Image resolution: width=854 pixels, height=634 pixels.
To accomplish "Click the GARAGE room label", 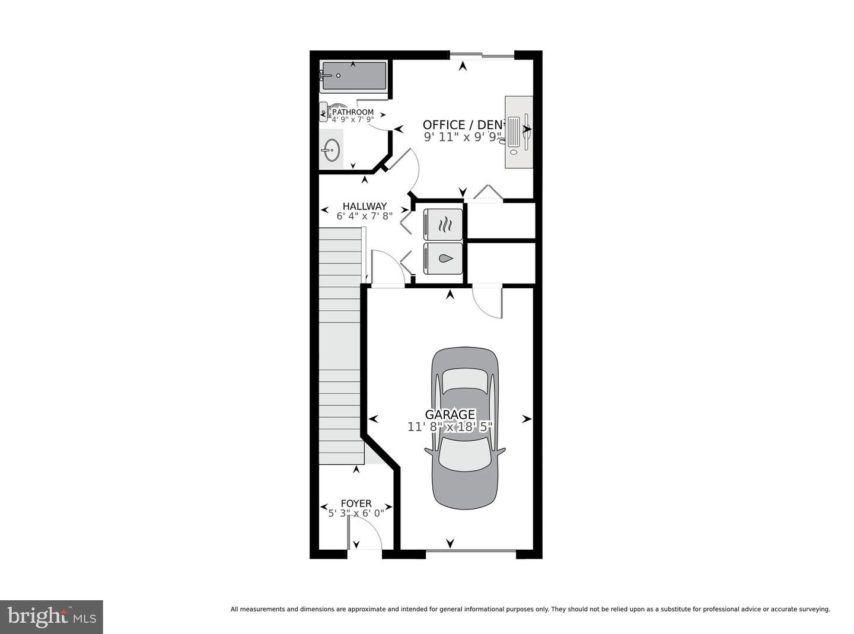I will pos(450,415).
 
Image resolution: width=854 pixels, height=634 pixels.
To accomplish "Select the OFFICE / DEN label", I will pos(462,125).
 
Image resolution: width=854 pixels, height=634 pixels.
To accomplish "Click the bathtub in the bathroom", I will pos(354,77).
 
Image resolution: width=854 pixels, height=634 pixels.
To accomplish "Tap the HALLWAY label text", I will pos(364,206).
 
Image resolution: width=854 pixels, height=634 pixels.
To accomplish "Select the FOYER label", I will pos(356,504).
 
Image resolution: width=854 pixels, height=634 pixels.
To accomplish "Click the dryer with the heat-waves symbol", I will pos(443,224).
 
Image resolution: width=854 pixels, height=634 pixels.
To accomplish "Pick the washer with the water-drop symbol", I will pos(443,259).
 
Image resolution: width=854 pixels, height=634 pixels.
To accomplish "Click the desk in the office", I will pos(519,132).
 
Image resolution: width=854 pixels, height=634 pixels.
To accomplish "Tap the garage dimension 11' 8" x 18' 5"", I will pos(450,426).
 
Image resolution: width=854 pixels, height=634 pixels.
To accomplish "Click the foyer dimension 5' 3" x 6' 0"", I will pos(356,513).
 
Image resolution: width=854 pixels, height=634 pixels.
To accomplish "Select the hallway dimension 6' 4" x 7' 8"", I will pos(364,216).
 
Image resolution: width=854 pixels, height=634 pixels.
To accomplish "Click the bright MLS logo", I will pos(52,617).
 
